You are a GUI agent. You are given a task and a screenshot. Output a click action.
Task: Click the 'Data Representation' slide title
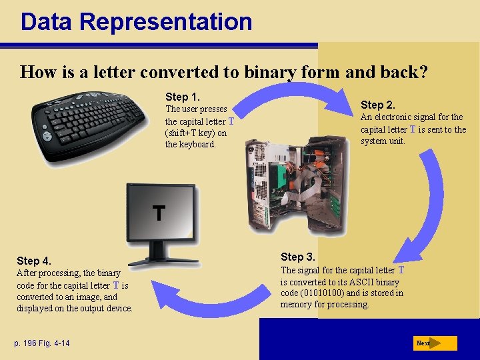click(x=136, y=21)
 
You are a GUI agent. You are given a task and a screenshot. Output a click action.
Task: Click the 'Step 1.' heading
click(x=183, y=97)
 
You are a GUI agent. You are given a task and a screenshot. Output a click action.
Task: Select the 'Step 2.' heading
click(x=378, y=105)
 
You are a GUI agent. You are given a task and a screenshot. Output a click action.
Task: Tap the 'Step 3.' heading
click(x=298, y=257)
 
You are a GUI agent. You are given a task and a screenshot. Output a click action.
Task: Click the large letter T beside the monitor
click(x=159, y=213)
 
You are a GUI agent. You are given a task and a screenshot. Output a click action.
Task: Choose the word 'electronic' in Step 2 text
click(x=397, y=117)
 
